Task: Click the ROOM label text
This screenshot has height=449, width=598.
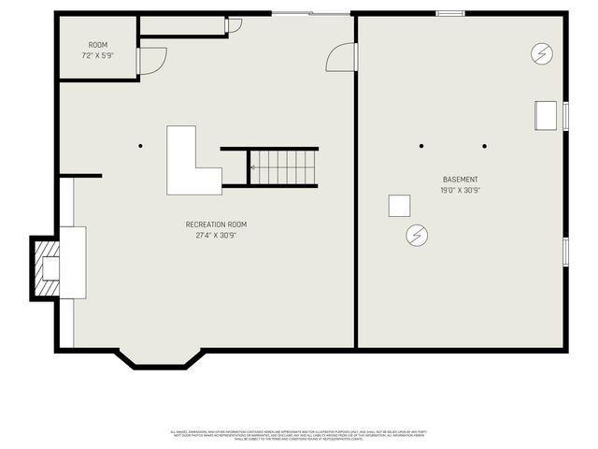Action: pos(98,45)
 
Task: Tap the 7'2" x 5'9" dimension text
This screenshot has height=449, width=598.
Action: pos(98,55)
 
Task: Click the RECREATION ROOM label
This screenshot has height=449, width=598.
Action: pos(216,224)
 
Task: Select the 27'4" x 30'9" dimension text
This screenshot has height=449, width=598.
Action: pos(216,235)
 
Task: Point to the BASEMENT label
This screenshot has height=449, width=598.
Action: pos(461,180)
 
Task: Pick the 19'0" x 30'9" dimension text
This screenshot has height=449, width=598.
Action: pos(461,190)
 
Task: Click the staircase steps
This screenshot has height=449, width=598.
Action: pos(284,168)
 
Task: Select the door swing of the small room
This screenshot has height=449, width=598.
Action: pos(150,61)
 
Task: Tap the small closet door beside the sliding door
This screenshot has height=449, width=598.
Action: pos(234,24)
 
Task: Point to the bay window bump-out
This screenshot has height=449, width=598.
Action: pos(159,358)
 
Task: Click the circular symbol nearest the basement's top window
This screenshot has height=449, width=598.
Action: pos(541,53)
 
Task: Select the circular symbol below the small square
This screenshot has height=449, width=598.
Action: pos(417,235)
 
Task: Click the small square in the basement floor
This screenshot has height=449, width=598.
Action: pos(400,206)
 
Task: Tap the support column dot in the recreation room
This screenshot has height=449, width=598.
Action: pos(140,146)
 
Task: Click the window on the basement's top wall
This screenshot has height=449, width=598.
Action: pos(450,13)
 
